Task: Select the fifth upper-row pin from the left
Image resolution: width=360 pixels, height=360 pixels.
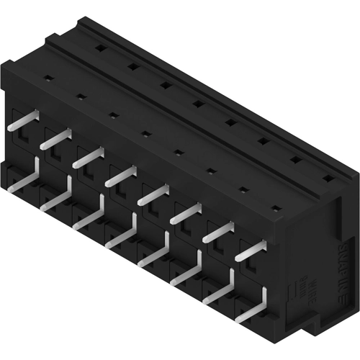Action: pos(154,194)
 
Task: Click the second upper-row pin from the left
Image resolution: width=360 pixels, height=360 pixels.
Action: pos(55,140)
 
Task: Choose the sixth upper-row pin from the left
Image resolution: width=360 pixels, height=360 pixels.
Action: pos(186,212)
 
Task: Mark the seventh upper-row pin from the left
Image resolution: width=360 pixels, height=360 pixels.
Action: pos(219,231)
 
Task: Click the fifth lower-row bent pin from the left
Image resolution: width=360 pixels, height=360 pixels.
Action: pos(154,252)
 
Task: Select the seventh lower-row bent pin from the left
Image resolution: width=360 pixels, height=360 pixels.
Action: pos(220,289)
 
